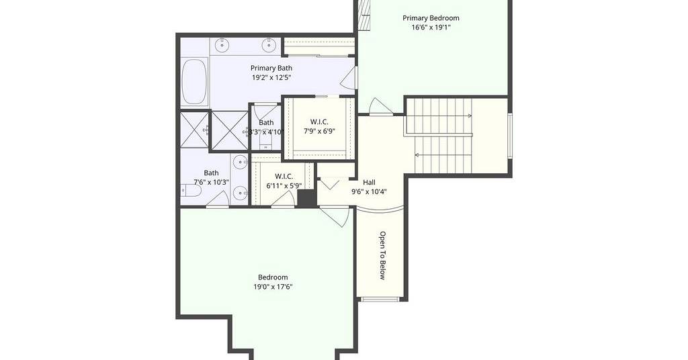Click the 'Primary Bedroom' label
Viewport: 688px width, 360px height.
point(431,18)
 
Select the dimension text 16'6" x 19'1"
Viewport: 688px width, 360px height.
point(431,27)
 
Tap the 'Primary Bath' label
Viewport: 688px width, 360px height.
point(271,68)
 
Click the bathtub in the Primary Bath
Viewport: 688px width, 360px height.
point(194,82)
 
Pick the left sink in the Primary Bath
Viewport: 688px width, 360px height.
point(223,44)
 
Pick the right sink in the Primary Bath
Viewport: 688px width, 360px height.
point(269,44)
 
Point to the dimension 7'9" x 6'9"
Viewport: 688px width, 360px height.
point(319,131)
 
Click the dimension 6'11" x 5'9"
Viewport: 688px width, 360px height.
point(284,185)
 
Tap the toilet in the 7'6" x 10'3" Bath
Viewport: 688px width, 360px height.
point(191,191)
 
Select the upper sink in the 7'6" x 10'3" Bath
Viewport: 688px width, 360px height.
point(240,163)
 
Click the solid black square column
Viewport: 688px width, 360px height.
point(307,197)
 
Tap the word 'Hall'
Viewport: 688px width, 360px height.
point(369,183)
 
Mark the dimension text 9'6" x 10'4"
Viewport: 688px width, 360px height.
point(369,191)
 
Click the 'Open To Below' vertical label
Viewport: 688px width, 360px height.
point(382,256)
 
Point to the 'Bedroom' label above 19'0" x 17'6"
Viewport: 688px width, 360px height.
point(273,277)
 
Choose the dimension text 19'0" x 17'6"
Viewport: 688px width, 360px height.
point(273,287)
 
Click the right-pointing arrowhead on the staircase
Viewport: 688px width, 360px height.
point(470,116)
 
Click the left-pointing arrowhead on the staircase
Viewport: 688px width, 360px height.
point(417,154)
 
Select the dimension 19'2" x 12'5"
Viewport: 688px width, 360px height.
point(271,78)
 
